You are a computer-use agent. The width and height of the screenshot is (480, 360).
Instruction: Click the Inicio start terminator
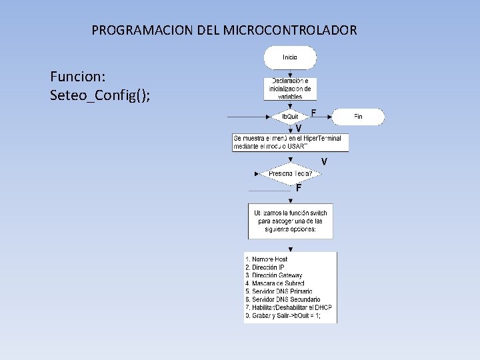(290, 57)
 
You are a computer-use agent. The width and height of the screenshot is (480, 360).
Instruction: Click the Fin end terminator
(358, 117)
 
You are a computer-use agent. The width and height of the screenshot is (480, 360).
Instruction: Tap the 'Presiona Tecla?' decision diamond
(290, 174)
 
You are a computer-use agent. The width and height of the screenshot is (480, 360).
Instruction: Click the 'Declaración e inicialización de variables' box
(290, 89)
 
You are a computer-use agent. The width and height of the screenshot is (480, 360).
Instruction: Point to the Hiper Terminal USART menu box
(290, 142)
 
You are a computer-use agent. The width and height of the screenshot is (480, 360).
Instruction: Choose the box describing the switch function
(290, 221)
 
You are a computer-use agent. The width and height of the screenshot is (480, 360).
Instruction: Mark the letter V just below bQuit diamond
(299, 128)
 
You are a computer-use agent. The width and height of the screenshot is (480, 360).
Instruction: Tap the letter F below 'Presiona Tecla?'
(299, 188)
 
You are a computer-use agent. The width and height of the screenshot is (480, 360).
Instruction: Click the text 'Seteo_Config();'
(100, 95)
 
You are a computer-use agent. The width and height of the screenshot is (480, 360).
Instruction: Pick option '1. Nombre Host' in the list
(267, 259)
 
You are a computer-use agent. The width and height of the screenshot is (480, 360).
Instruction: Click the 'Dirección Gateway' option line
(274, 275)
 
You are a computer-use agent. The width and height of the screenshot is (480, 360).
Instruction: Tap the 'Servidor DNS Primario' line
(279, 291)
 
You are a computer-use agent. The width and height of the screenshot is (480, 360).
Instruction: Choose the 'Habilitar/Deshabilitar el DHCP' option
(289, 307)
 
